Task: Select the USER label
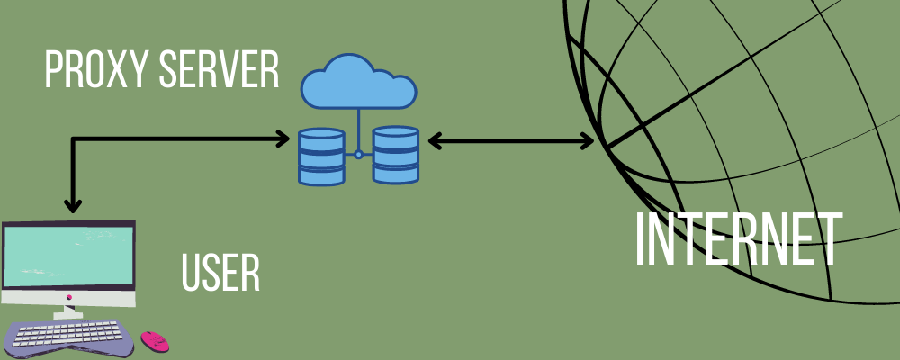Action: coord(220,273)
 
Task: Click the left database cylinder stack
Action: coord(322,156)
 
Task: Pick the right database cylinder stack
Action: coord(396,156)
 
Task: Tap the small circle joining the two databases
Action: coord(359,155)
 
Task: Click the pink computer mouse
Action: coord(154,341)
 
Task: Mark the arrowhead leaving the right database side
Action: coord(435,140)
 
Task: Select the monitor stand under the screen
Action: coord(68,310)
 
